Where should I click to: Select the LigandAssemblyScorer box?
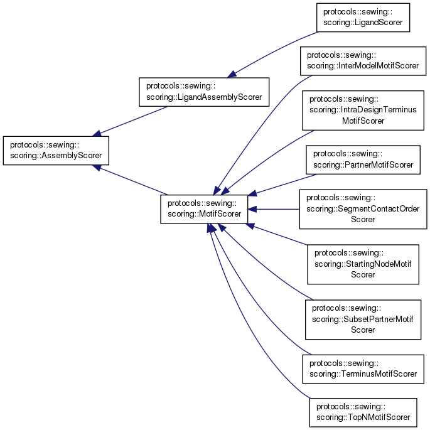point(204,92)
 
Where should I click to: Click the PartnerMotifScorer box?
point(363,159)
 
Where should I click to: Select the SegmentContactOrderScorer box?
point(362,209)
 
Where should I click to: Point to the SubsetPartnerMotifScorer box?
point(362,319)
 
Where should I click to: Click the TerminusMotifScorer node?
point(363,368)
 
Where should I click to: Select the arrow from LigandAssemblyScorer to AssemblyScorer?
point(132,120)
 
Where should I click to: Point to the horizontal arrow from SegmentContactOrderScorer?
point(276,209)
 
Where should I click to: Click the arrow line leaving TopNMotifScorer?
point(239,326)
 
